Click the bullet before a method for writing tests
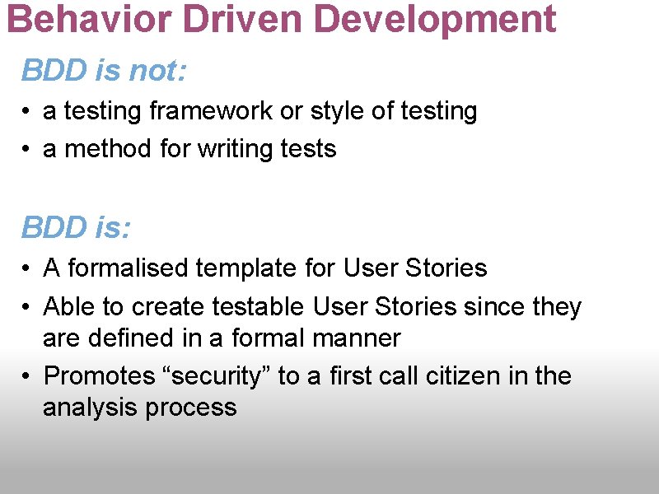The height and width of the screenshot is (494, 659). pos(27,149)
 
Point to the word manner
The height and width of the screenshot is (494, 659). pos(362,338)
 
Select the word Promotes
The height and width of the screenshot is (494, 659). pos(97,376)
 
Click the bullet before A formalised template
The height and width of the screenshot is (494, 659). pos(27,268)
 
